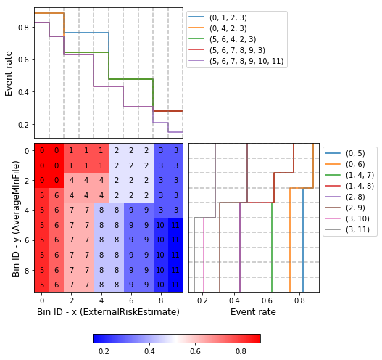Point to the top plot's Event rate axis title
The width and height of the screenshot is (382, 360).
click(9, 73)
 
